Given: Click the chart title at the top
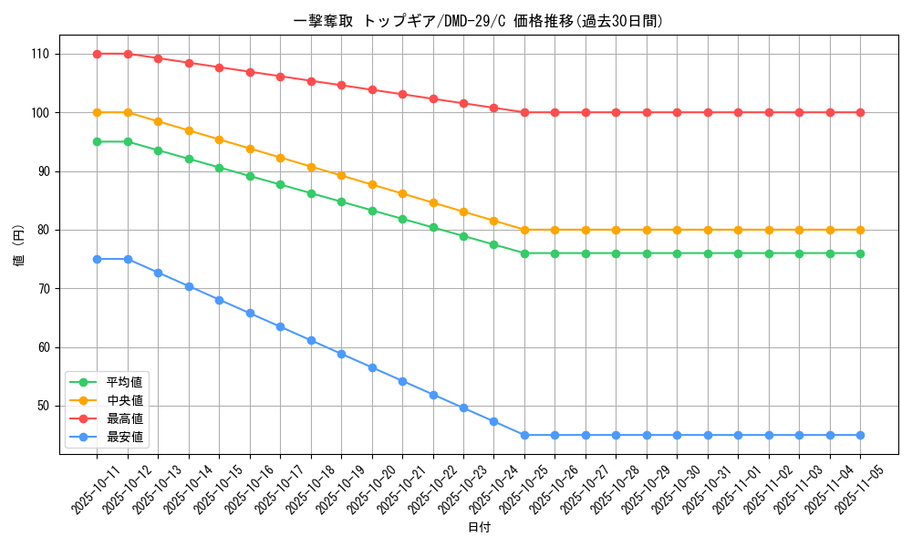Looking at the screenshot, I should coord(479,21).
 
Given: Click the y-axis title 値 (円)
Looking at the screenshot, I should coord(19,246).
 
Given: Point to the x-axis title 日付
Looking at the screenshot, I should coord(479,528).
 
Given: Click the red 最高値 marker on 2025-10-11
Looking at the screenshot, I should coord(97,54).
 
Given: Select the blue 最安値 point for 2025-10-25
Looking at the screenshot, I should coord(524,435).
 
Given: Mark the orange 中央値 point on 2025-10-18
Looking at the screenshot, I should coord(311,167).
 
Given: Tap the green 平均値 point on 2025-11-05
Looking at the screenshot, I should coord(860,253).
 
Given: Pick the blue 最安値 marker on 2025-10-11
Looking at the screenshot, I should coord(97,259).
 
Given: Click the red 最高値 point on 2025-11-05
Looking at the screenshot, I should coord(860,112).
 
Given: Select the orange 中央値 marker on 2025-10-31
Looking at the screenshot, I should coord(708,230).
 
